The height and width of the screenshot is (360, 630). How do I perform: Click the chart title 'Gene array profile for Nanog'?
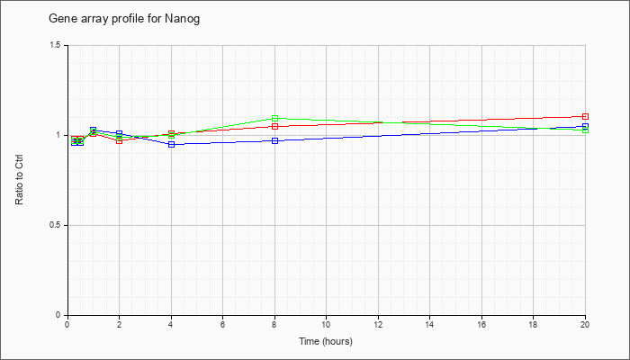[x=124, y=19]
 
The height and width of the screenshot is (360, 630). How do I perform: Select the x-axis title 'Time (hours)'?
[x=326, y=341]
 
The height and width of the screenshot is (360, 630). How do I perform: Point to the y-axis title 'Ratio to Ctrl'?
[x=19, y=181]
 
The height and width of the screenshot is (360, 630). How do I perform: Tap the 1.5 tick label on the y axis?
[x=60, y=45]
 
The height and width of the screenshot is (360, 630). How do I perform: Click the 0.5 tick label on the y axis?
[x=60, y=225]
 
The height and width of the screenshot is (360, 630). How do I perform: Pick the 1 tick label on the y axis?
[x=64, y=135]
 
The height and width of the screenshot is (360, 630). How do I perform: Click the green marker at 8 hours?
[x=274, y=118]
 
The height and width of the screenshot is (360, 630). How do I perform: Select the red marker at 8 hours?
[x=274, y=127]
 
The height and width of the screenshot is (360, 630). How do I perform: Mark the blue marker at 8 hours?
[x=274, y=140]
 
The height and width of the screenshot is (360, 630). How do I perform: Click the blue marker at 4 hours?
[x=172, y=144]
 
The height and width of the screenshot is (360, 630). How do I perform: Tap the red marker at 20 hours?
[x=585, y=116]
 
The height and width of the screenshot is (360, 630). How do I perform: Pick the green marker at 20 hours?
[x=585, y=130]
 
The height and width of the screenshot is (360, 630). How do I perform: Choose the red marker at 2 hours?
[x=120, y=140]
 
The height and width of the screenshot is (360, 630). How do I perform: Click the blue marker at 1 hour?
[x=94, y=130]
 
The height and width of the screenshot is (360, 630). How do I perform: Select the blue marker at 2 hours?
[x=120, y=133]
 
